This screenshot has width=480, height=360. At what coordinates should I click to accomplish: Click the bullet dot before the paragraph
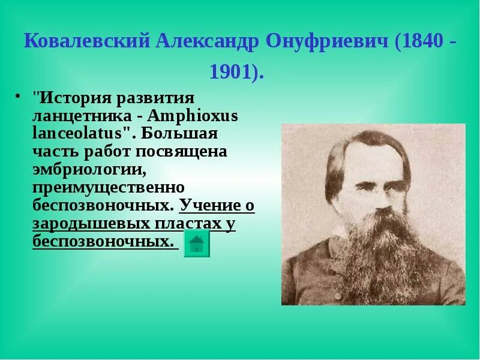(x=18, y=96)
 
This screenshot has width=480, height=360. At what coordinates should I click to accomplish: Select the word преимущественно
(x=108, y=187)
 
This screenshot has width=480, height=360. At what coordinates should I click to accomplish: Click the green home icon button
(x=196, y=244)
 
